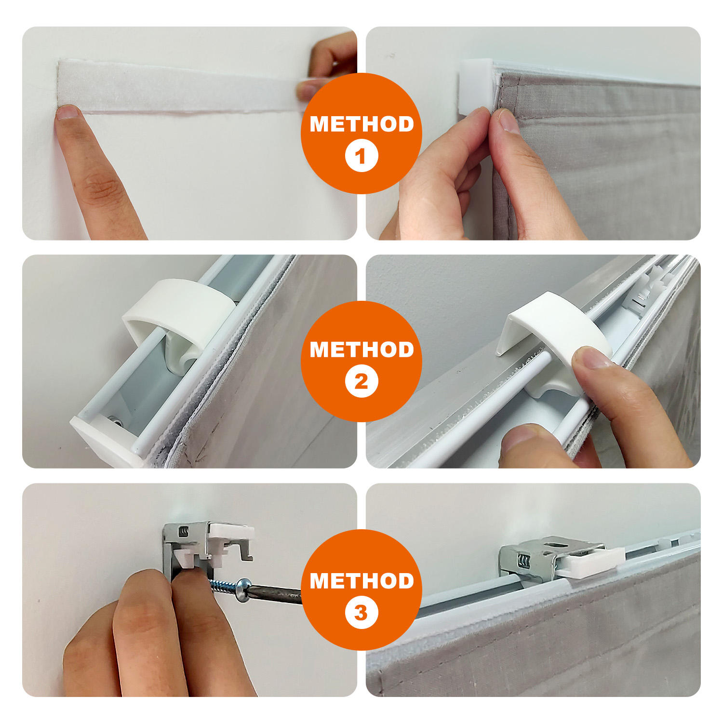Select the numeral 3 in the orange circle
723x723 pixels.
[x=361, y=613]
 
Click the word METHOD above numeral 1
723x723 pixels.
[x=361, y=124]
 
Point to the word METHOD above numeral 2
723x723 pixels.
[x=361, y=349]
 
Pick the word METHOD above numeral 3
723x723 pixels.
[x=361, y=581]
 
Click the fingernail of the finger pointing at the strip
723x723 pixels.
[x=67, y=112]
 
